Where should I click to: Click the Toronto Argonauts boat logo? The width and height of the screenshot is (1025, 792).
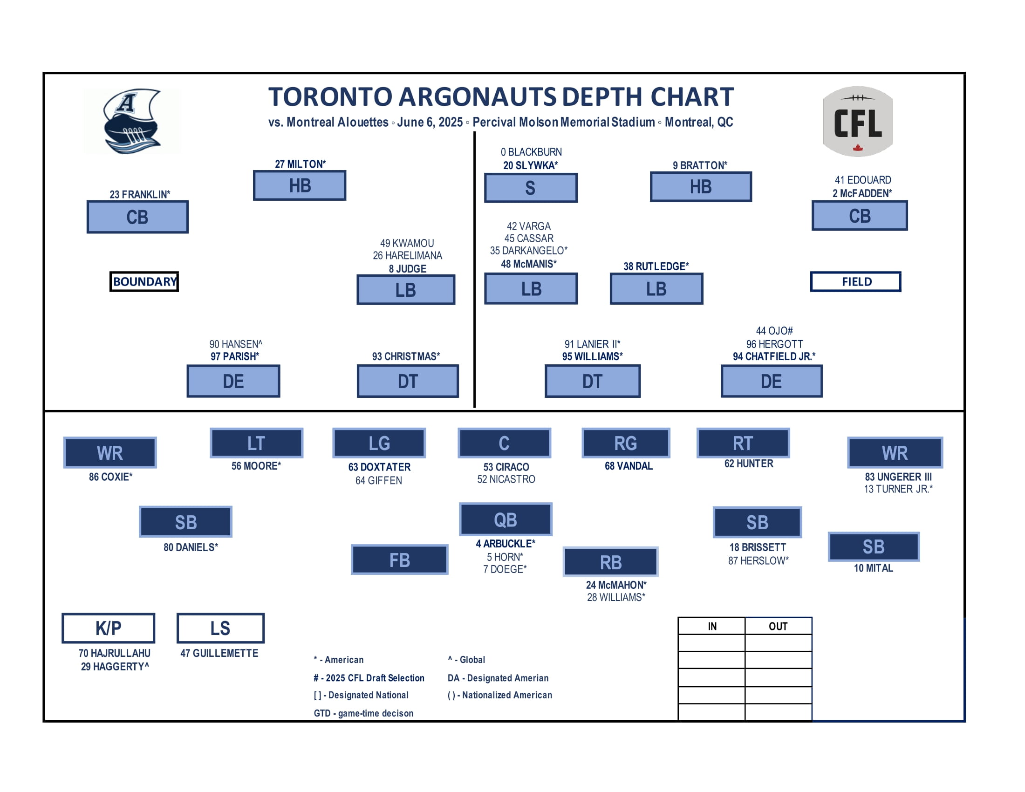point(132,121)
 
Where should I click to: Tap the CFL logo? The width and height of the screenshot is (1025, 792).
point(857,121)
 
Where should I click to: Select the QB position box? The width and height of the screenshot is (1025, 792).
point(506,519)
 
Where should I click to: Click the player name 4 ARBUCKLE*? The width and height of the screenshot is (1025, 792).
point(506,544)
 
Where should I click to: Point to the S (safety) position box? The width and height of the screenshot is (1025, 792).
point(530,188)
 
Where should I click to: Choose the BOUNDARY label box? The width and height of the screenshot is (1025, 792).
point(144,281)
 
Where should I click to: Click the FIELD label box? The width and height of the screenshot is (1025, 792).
point(855,281)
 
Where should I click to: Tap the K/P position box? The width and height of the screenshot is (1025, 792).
point(109,628)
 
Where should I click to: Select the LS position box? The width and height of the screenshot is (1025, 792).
point(220,628)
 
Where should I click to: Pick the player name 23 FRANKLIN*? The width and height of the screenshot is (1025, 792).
point(140,194)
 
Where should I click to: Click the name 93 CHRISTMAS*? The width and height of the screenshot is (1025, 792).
point(406,356)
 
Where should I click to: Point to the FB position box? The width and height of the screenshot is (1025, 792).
point(399,560)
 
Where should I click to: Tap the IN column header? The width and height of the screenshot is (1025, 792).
point(712,626)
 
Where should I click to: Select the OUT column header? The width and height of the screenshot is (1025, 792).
point(778,626)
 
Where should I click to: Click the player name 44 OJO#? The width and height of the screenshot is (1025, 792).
point(774,331)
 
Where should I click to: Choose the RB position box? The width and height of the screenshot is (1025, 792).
point(611,562)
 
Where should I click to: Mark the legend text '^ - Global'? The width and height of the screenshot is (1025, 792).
point(466,660)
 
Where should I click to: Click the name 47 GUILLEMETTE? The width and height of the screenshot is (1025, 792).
point(219,653)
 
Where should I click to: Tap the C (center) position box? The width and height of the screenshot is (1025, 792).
point(504,443)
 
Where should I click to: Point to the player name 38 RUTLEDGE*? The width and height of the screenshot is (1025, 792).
point(656,266)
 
